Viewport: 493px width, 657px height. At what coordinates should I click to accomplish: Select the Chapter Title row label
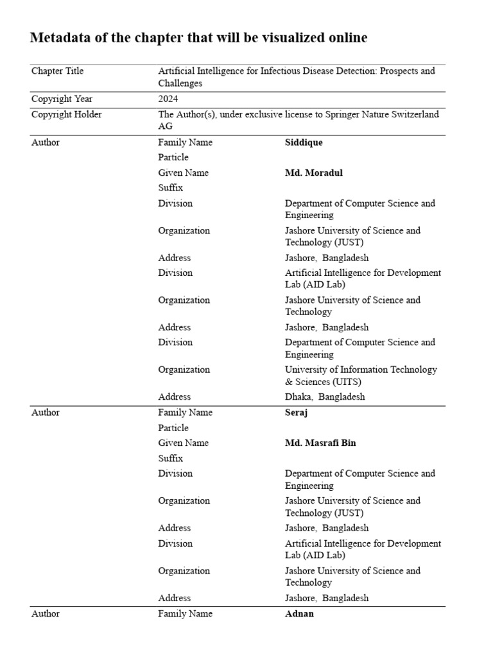point(57,71)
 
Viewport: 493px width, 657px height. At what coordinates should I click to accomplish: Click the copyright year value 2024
point(168,99)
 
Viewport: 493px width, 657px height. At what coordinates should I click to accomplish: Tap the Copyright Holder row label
point(66,115)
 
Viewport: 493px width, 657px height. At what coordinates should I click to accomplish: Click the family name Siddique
point(304,142)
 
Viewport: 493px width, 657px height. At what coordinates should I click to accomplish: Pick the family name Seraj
point(296,413)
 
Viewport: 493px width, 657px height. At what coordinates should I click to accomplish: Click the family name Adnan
point(299,614)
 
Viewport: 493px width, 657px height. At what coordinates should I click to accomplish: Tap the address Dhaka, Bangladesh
point(325,397)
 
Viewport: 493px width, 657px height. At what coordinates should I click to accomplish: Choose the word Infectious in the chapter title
point(281,71)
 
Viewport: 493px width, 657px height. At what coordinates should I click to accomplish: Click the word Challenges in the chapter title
point(180,83)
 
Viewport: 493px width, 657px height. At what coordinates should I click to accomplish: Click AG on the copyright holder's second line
point(166,127)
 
